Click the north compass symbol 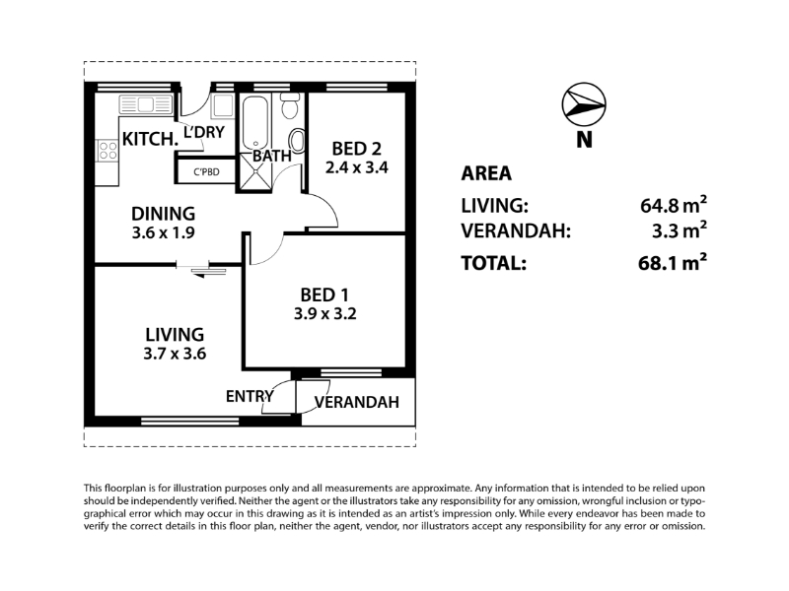584,104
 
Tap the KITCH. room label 151,139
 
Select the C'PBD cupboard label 207,172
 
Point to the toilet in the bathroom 289,105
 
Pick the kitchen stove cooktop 108,151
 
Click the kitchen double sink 145,105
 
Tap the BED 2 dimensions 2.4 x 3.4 357,167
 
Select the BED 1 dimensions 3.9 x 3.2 325,314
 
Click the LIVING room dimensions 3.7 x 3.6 175,354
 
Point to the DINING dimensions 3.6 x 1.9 163,233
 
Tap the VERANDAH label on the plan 357,402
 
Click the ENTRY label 250,397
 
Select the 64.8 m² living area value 674,205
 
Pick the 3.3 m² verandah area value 680,230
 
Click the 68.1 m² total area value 673,262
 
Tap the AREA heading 486,173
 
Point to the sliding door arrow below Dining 209,273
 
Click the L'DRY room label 204,132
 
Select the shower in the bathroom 255,171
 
